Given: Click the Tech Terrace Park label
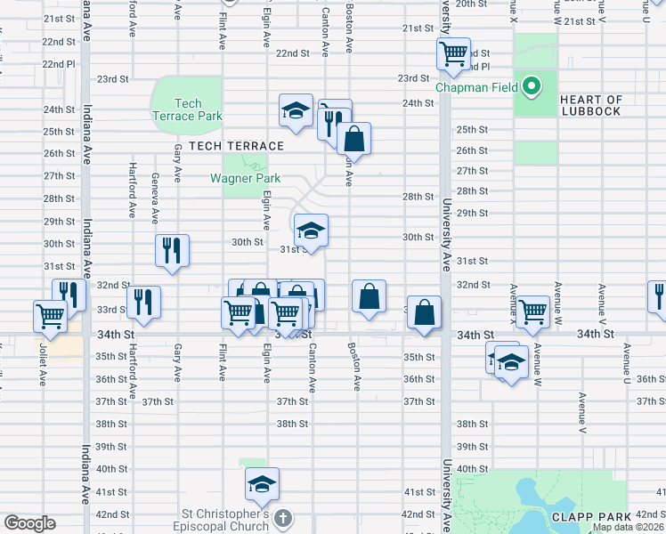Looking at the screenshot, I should [187, 109].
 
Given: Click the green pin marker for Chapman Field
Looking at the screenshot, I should [532, 86].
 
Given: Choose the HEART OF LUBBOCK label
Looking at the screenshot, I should [591, 105].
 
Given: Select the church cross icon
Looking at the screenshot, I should [281, 518].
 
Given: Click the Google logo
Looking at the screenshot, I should [29, 523].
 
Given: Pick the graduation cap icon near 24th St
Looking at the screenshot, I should [296, 110].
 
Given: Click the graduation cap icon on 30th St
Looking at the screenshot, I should [310, 230].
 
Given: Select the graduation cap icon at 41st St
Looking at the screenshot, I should [262, 484].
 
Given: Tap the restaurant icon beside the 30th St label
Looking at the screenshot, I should [172, 250].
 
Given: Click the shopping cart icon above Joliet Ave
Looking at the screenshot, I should [50, 314].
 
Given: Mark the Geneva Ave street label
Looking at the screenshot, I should [155, 198].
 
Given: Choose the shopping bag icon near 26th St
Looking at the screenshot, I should [353, 139].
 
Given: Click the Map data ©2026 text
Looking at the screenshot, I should [629, 527].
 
